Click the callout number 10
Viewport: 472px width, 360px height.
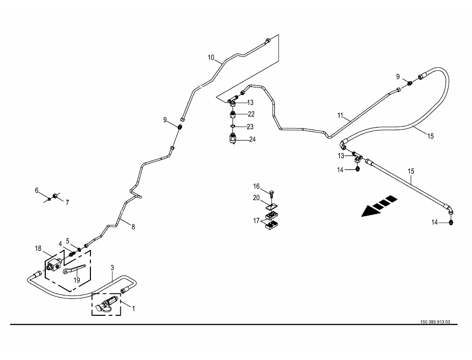[211, 58]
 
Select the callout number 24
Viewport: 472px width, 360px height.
[252, 140]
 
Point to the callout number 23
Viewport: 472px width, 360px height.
[250, 127]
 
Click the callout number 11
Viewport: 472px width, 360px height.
[340, 116]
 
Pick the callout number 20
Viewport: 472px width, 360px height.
[256, 198]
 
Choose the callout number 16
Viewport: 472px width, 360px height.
[256, 187]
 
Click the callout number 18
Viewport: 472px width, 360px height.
[38, 248]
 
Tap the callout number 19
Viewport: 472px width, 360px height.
[77, 280]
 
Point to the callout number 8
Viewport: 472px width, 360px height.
[133, 227]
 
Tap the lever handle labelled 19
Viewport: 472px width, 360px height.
[75, 270]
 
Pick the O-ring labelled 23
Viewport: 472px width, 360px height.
[233, 127]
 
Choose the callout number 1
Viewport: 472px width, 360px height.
[133, 308]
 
